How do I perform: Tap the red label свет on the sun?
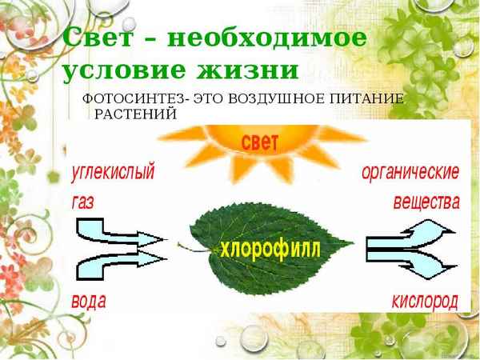click(259, 142)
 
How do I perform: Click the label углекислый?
click(113, 172)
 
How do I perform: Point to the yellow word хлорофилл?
click(272, 248)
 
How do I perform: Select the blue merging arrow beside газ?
click(120, 246)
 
